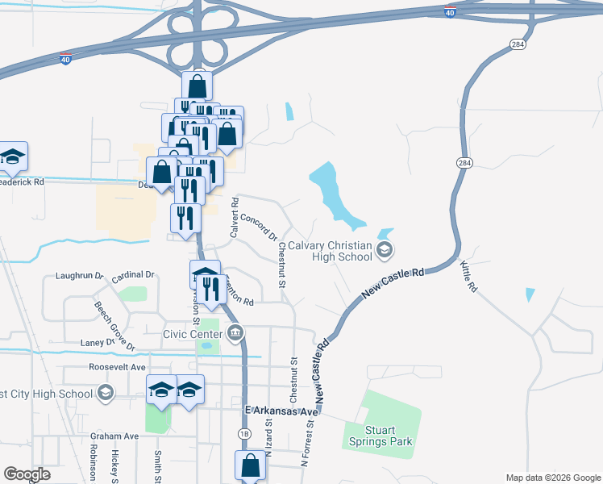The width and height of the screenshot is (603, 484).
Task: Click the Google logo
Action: [x=27, y=474]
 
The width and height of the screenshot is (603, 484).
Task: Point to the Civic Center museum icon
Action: [x=236, y=332]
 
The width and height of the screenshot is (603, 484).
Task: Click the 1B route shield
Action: [x=244, y=434]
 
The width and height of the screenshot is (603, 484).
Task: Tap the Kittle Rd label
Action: [x=468, y=276]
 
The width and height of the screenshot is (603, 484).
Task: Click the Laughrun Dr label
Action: [x=80, y=275]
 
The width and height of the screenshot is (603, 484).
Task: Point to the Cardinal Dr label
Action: [x=133, y=275]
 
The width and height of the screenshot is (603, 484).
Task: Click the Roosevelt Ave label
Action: [x=119, y=366]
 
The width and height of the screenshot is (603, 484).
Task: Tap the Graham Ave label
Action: [x=114, y=436]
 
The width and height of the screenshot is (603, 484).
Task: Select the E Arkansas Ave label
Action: [x=281, y=411]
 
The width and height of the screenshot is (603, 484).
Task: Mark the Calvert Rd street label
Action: [x=235, y=218]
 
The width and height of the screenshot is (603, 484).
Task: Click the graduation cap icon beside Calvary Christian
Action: [x=384, y=252]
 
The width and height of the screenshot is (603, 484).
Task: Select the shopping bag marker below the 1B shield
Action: [x=250, y=466]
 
